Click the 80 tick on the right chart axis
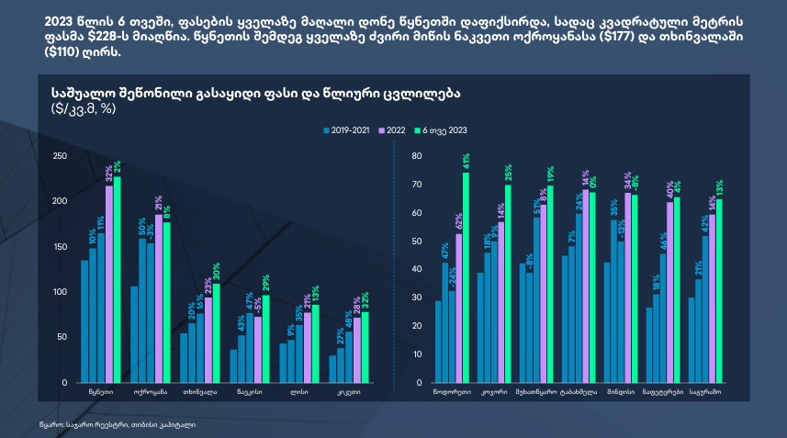415,156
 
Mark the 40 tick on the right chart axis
415,269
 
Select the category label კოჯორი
495,392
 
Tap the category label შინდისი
620,392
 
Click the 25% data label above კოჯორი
508,172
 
